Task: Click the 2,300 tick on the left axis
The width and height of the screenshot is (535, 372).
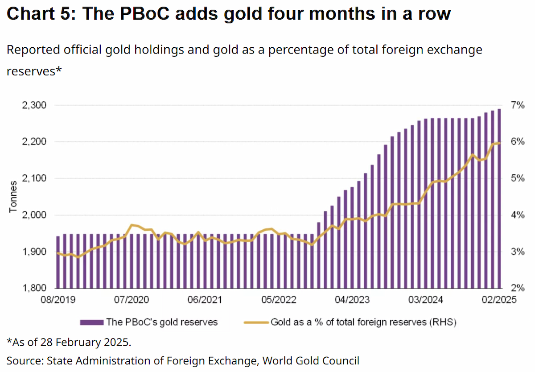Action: click(x=34, y=105)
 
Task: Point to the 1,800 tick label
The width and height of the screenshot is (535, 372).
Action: click(x=34, y=288)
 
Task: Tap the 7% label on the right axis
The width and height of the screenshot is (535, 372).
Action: click(x=518, y=105)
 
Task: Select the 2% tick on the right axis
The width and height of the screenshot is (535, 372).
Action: click(x=518, y=288)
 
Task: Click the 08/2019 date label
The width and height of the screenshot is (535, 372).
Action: click(x=58, y=300)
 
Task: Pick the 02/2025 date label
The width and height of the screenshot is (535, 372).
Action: click(x=499, y=300)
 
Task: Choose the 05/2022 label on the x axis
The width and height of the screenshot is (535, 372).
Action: click(x=279, y=300)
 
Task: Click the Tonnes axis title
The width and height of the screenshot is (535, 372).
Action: click(x=13, y=197)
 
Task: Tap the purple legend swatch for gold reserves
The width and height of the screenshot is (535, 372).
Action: click(x=92, y=322)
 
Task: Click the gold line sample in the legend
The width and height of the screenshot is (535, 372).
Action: click(x=256, y=322)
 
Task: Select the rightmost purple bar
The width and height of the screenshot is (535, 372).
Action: click(x=499, y=198)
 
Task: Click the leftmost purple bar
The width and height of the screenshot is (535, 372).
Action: click(x=58, y=262)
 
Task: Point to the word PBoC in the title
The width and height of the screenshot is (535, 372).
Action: click(x=144, y=13)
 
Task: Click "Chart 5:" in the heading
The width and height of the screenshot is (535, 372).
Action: click(x=41, y=13)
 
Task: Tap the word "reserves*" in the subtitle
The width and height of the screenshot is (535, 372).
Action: click(x=34, y=71)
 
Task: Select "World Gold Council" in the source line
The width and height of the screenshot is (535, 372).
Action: click(x=311, y=361)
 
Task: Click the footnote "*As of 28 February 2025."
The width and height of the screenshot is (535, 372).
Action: click(x=69, y=342)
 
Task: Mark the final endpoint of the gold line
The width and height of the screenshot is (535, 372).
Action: click(x=499, y=143)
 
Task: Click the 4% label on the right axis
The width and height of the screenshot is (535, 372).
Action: click(x=518, y=215)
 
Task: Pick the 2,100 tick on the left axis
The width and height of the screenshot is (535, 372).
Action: click(x=34, y=178)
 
